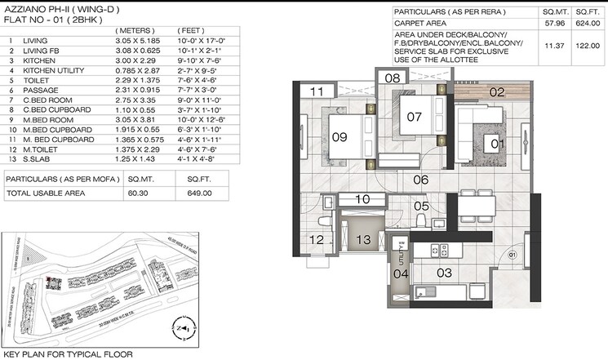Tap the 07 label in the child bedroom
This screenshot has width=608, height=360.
pos(414,117)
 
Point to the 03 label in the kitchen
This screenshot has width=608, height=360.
pos(445,272)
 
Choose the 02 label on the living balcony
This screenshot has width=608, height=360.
pos(497,93)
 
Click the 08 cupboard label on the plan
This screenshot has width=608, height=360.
pos(392,78)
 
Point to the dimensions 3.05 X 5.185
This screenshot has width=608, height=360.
pos(136,39)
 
